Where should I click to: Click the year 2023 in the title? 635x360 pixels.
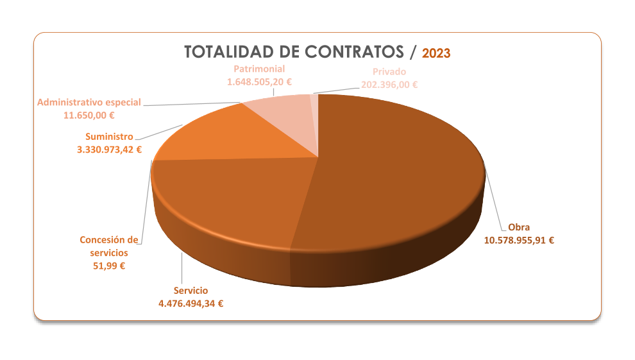(436, 53)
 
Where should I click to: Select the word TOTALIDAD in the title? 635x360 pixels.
(228, 52)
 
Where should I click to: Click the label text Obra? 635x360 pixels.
(519, 227)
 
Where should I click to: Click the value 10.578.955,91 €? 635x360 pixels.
(519, 241)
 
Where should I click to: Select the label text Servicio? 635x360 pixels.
(190, 290)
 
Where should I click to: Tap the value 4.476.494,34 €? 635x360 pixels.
(190, 304)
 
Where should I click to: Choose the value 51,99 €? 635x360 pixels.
(109, 266)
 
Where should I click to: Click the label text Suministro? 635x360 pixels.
(109, 136)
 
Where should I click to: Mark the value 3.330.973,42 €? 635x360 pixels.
(109, 150)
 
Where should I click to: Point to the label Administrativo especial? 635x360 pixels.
(89, 102)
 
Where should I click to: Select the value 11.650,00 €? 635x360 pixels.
(89, 116)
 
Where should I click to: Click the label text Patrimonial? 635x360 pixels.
(259, 69)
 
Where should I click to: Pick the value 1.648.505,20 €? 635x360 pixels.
(259, 82)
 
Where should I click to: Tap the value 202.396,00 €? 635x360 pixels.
(389, 85)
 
